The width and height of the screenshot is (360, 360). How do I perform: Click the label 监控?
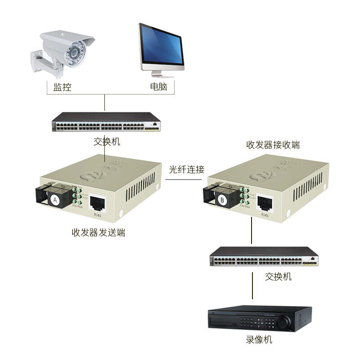pos(63,87)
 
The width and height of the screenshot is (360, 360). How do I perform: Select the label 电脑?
pos(158,87)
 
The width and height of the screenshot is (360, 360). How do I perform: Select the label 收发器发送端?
pos(99,233)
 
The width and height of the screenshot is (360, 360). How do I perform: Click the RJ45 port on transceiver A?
pos(98,204)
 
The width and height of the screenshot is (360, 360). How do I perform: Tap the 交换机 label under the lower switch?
pos(278,276)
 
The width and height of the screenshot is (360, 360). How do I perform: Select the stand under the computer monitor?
pos(162,72)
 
